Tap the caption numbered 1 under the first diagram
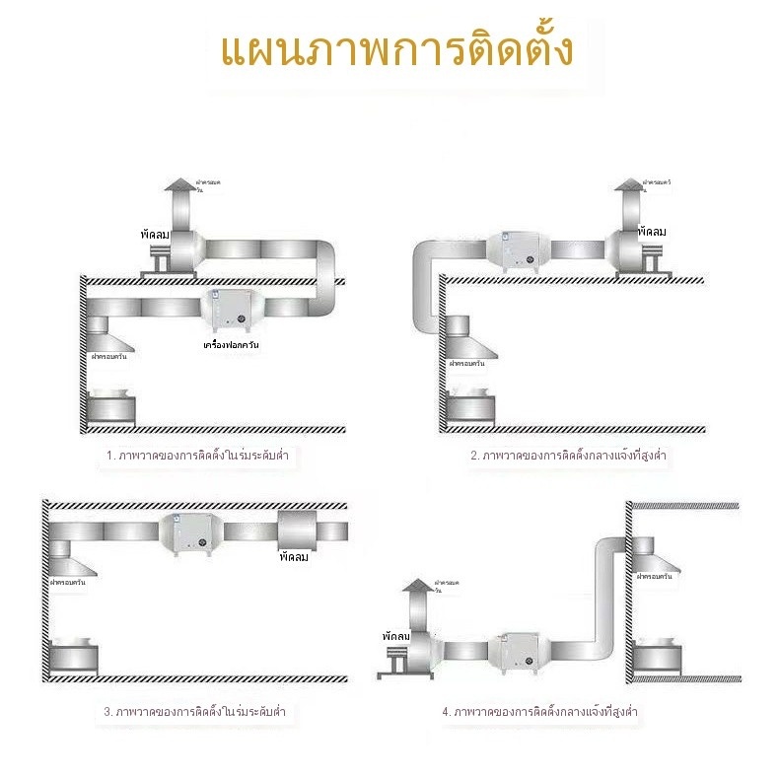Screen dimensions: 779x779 point(203,457)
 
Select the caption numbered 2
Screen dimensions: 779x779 point(571,457)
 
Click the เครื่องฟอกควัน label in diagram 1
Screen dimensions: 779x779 point(231,344)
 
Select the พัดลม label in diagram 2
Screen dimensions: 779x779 point(652,232)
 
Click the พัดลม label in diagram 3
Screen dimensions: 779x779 point(294,558)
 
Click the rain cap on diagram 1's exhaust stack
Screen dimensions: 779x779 point(179,186)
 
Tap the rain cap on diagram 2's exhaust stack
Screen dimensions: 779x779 point(627,184)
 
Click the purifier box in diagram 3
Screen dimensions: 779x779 point(187,536)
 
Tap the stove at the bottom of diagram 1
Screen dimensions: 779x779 point(111,409)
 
